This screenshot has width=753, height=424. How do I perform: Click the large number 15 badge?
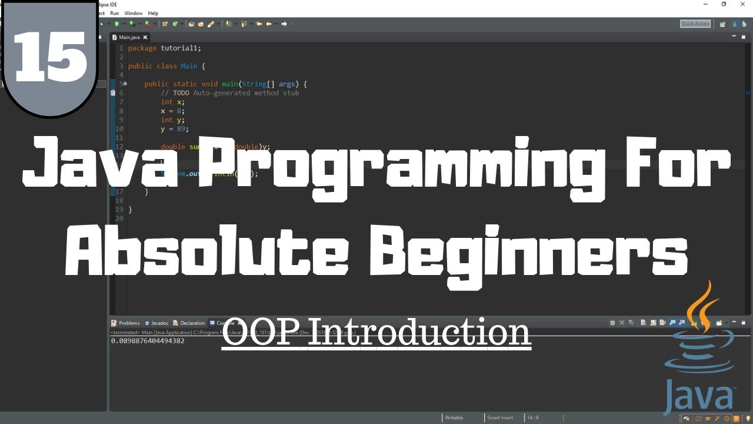[x=50, y=56]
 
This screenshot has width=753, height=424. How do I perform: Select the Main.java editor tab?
[x=129, y=37]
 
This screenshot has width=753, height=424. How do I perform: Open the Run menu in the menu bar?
[x=114, y=13]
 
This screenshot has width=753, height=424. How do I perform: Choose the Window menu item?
[x=133, y=13]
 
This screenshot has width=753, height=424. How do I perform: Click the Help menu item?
[x=153, y=13]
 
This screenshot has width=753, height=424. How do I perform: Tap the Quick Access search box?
[x=695, y=24]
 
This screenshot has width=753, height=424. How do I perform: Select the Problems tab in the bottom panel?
[x=128, y=323]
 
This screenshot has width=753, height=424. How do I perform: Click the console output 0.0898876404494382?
[x=148, y=341]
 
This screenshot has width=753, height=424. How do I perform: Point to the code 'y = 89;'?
[x=175, y=128]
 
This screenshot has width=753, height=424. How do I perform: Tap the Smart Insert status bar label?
[x=499, y=418]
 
